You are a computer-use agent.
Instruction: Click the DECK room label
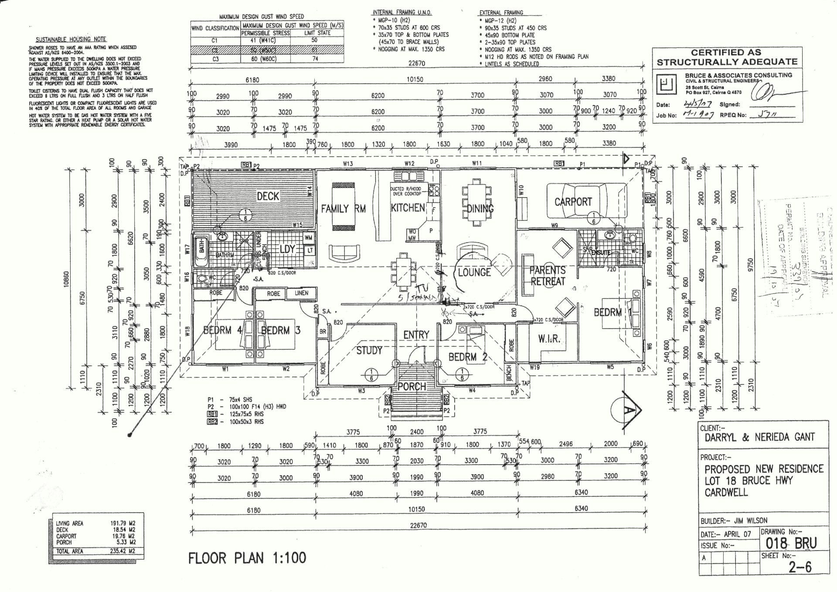(x=268, y=196)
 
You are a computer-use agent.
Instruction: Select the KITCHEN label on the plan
(x=408, y=208)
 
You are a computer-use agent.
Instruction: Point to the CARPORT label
(x=573, y=202)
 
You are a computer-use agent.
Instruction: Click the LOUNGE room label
(x=474, y=273)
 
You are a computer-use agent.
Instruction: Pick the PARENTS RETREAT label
(x=548, y=276)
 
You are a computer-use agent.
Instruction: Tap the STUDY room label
(x=369, y=350)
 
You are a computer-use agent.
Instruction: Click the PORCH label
(x=412, y=387)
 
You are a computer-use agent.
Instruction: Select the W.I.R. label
(x=549, y=339)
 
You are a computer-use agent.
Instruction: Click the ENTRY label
(x=416, y=335)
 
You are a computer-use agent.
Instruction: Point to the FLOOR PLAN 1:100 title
(x=247, y=558)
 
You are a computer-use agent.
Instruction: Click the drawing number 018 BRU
(x=791, y=543)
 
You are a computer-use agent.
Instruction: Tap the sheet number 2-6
(x=800, y=567)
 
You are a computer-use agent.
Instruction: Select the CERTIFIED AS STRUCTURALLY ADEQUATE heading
(x=727, y=58)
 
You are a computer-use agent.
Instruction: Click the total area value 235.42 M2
(x=122, y=551)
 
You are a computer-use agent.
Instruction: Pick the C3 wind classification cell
(x=214, y=59)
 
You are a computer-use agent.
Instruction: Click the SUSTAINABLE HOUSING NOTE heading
(x=71, y=39)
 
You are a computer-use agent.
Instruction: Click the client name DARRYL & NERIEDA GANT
(x=759, y=437)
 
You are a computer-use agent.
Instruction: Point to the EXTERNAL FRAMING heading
(x=501, y=13)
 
